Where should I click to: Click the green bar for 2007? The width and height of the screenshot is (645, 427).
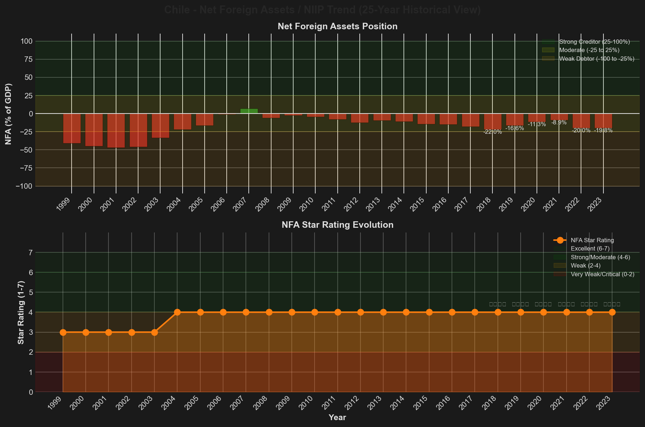249,111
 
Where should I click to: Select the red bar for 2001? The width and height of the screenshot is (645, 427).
116,131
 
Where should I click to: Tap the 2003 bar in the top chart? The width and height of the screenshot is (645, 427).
160,125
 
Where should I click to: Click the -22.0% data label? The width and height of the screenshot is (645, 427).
492,132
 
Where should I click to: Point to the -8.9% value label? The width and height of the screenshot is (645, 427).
559,123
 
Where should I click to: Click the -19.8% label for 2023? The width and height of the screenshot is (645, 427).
603,131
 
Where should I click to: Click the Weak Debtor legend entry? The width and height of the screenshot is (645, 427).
597,59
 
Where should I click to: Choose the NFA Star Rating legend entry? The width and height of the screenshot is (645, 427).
592,240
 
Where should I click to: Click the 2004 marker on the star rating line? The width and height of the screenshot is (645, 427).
177,312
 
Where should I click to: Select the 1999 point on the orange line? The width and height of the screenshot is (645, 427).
63,332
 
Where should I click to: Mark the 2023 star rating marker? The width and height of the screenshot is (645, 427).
612,312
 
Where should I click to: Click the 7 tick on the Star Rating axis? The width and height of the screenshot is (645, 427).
30,253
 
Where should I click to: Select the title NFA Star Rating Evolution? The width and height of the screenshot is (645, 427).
337,225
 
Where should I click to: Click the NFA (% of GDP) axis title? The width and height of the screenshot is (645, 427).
9,114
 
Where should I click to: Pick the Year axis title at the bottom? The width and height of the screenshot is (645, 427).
337,418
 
